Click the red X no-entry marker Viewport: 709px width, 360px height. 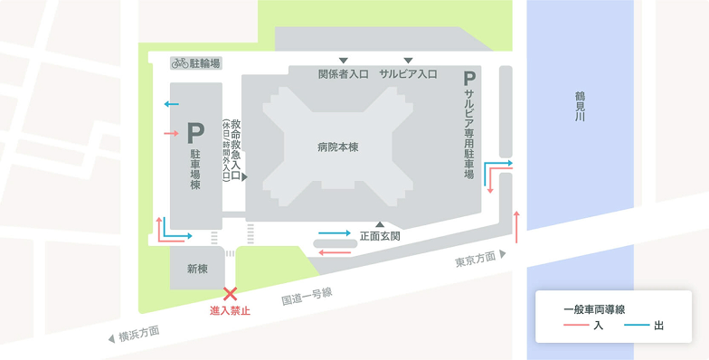tap(231, 293)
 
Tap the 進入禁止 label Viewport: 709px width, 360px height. tap(230, 311)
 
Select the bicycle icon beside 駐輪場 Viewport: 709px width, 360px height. tap(179, 63)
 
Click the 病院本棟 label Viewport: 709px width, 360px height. tap(337, 147)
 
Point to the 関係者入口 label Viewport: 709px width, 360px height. tap(344, 74)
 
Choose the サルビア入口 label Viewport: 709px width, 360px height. tap(408, 74)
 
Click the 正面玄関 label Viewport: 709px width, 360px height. tap(380, 236)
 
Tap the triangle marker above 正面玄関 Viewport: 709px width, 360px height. tap(381, 224)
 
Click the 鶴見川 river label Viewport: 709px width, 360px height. tap(580, 106)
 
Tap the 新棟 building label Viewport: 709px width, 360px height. tap(197, 269)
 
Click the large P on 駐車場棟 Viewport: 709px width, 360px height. tap(195, 134)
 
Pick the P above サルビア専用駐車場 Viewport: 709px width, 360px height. tap(468, 79)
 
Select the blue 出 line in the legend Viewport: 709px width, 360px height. tap(635, 326)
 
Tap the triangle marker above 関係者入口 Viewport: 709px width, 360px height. tap(344, 61)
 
